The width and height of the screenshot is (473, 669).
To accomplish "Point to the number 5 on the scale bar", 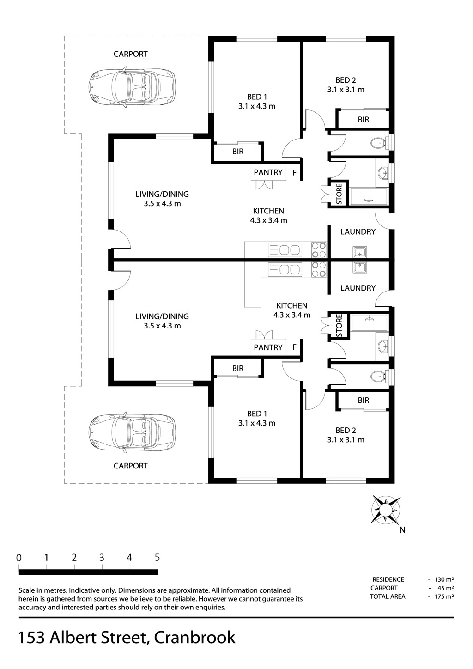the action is [157, 558].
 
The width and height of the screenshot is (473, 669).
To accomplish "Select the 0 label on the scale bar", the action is [19, 558].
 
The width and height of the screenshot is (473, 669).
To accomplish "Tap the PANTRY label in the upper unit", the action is [268, 172].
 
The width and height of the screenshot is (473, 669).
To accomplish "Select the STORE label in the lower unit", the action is [339, 326].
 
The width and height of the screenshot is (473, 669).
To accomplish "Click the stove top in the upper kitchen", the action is [319, 250].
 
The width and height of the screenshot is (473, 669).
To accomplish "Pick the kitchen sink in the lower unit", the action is [285, 270].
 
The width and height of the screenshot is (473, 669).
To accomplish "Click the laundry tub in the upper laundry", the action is [360, 252].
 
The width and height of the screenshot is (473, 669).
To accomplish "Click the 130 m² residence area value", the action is [444, 579].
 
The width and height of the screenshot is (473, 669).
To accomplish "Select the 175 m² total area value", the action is [444, 596].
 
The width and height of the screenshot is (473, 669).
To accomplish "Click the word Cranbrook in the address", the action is [194, 637].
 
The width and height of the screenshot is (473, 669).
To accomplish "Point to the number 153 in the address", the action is [32, 637].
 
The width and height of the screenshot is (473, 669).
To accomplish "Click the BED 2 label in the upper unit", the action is [346, 80].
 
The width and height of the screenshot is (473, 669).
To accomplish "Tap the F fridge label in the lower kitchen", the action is [294, 347].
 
